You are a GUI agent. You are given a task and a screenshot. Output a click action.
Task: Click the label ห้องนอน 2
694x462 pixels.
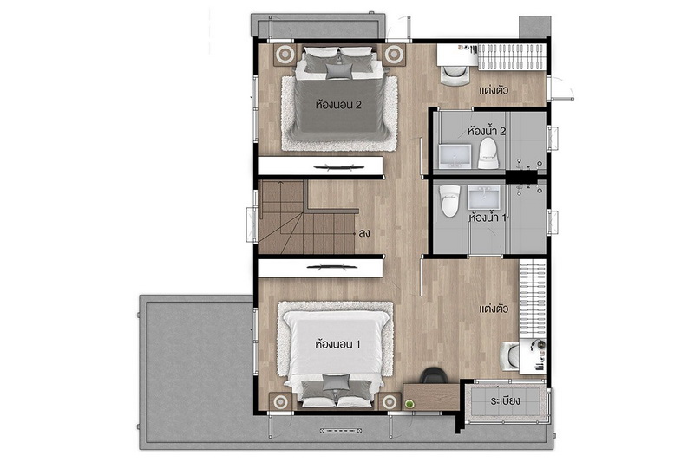pos(338,105)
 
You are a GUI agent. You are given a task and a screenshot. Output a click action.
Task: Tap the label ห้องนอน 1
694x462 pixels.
pos(337,344)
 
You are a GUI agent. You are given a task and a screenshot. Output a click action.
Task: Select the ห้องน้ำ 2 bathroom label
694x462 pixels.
pos(487,131)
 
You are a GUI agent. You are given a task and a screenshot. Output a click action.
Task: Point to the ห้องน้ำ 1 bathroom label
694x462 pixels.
pos(487,218)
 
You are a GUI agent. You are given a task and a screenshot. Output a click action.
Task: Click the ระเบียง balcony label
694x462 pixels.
pos(506,401)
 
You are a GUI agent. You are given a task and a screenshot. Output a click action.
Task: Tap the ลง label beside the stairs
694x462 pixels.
pos(364,233)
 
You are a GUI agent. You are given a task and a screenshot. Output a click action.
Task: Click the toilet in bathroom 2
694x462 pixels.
pos(488,153)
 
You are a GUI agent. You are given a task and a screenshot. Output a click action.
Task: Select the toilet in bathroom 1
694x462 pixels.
pos(449,201)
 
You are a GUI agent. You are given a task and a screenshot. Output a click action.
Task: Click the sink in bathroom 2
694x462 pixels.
pos(455,157)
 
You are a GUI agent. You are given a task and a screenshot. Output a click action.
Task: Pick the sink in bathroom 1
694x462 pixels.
pos(484,197)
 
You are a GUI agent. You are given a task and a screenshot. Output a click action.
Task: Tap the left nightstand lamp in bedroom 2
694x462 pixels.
pos(285,54)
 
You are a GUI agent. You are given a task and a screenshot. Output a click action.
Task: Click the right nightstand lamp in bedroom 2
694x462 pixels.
pos(393,54)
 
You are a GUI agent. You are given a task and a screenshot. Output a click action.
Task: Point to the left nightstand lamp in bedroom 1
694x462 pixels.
pos(280,402)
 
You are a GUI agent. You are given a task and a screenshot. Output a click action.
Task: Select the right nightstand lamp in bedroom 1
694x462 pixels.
pos(390,402)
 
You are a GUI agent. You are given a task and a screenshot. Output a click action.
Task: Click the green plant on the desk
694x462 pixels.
pos(409,404)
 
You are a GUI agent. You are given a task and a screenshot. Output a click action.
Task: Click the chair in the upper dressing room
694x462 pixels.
pos(455,75)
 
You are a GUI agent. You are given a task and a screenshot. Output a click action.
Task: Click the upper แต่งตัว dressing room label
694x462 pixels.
pos(494,90)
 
